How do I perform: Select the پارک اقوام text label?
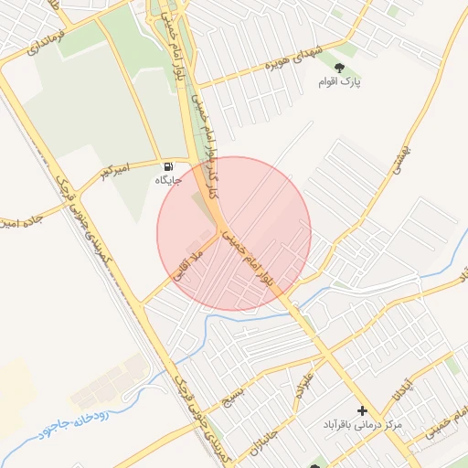coord(340,83)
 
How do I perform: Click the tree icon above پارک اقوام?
coord(340,68)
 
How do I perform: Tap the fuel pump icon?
coord(168,166)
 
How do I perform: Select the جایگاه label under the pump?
coord(167,180)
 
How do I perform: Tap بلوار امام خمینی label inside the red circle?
coord(252,261)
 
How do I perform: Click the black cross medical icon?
coord(363,411)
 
